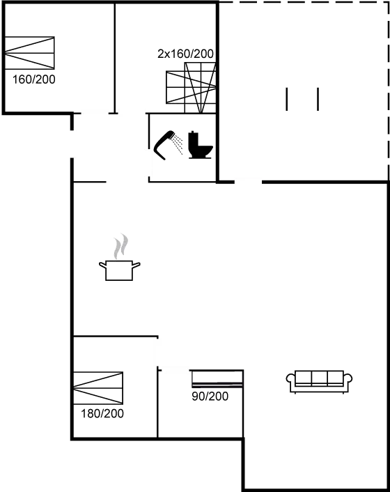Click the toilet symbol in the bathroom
click(201, 145)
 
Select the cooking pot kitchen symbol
click(120, 270)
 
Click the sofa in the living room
click(319, 382)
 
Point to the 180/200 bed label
click(102, 413)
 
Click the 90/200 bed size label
click(210, 397)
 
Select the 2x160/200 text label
click(185, 54)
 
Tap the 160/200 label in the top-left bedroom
click(34, 79)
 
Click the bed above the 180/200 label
click(98, 388)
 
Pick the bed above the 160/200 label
click(29, 53)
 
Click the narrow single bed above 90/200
click(217, 378)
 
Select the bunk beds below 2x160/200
click(191, 88)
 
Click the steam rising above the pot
click(121, 246)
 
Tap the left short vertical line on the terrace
click(286, 99)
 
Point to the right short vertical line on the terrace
click(318, 99)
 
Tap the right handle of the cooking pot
click(136, 265)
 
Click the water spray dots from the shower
click(178, 144)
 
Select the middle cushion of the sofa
click(320, 378)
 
